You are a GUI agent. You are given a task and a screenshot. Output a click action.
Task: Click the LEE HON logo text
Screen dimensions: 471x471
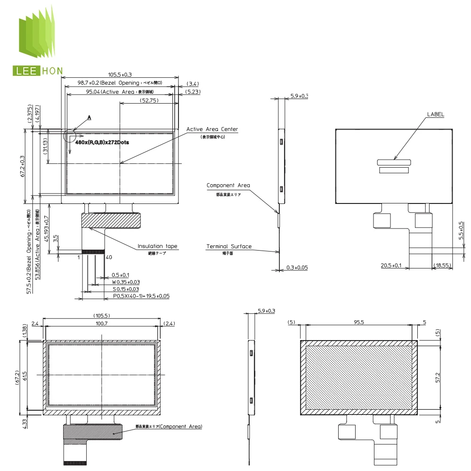point(37,71)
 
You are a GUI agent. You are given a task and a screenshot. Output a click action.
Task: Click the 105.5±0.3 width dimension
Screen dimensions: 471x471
point(120,74)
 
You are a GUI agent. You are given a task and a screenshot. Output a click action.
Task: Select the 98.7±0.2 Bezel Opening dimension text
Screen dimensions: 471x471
point(120,83)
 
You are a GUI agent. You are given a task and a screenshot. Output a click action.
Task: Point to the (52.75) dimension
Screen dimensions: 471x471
point(149,100)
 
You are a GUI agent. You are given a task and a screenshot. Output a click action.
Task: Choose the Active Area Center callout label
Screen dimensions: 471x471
point(212,129)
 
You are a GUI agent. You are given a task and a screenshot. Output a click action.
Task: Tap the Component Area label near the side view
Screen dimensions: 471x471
point(228,186)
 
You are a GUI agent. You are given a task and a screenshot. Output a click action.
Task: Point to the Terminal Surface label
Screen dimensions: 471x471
point(229,246)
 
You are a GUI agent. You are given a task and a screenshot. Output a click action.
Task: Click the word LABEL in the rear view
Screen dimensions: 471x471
point(435,114)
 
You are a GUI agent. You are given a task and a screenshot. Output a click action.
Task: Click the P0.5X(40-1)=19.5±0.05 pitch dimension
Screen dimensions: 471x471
point(141,296)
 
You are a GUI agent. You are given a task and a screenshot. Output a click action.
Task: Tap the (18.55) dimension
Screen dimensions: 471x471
point(442,266)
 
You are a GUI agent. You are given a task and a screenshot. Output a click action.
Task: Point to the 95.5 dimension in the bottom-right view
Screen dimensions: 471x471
point(360,322)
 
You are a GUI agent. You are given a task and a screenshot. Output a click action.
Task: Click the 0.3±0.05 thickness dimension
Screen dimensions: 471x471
point(297,268)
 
